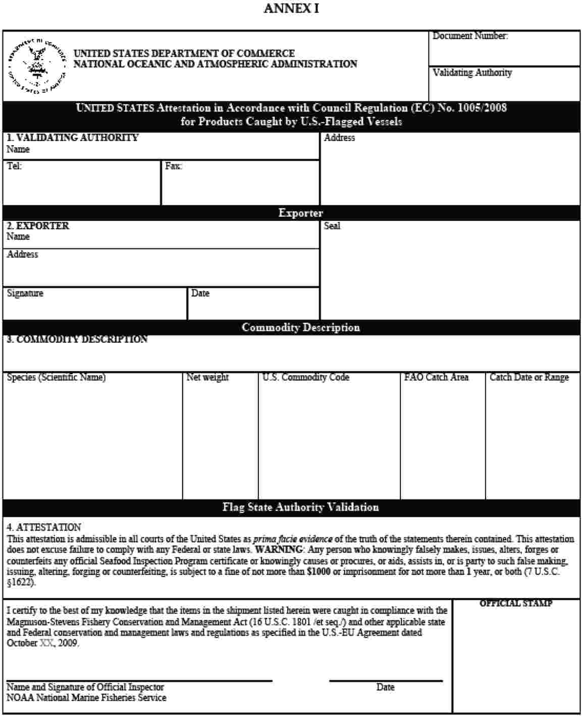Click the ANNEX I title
tap(291, 9)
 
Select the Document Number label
tap(470, 36)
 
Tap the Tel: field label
tap(14, 166)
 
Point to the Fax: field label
tap(173, 166)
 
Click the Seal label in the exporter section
tap(332, 226)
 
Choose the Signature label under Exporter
tap(25, 293)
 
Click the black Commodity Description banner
tap(301, 328)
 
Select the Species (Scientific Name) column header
tap(56, 377)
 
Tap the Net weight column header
tap(207, 377)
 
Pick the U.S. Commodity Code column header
tap(305, 377)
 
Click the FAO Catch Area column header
tap(436, 377)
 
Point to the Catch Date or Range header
tap(529, 377)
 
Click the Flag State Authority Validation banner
tap(301, 507)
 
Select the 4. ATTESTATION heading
tap(43, 527)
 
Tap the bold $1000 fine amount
tap(319, 572)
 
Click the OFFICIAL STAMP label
tap(515, 604)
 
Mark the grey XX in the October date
tap(45, 643)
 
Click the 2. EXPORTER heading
tap(38, 226)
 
